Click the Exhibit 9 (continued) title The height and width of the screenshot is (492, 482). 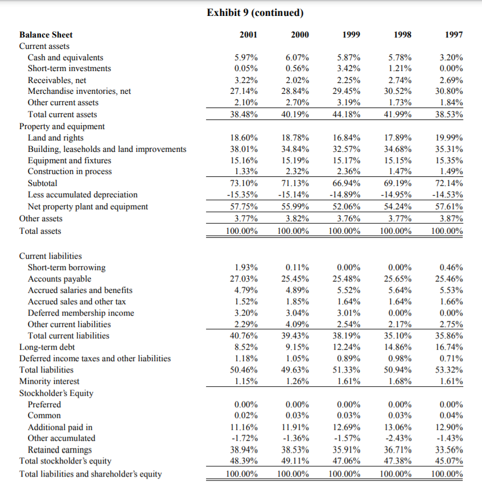[254, 13]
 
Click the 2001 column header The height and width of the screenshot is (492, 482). [248, 35]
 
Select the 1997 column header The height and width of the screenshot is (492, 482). [454, 35]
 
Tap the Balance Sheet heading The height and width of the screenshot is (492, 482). [46, 35]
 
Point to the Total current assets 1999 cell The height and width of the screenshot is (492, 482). [348, 114]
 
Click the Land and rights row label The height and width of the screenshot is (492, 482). [55, 138]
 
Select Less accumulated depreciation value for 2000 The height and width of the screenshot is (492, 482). [296, 195]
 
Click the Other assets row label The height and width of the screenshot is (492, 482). [41, 218]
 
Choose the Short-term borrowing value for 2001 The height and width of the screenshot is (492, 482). [246, 267]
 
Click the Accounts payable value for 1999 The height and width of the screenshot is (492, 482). [348, 279]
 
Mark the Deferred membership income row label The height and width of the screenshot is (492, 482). [81, 313]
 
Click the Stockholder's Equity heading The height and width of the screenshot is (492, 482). [56, 393]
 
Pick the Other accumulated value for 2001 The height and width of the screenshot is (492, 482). [246, 438]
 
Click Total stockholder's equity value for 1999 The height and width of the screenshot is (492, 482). [348, 461]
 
